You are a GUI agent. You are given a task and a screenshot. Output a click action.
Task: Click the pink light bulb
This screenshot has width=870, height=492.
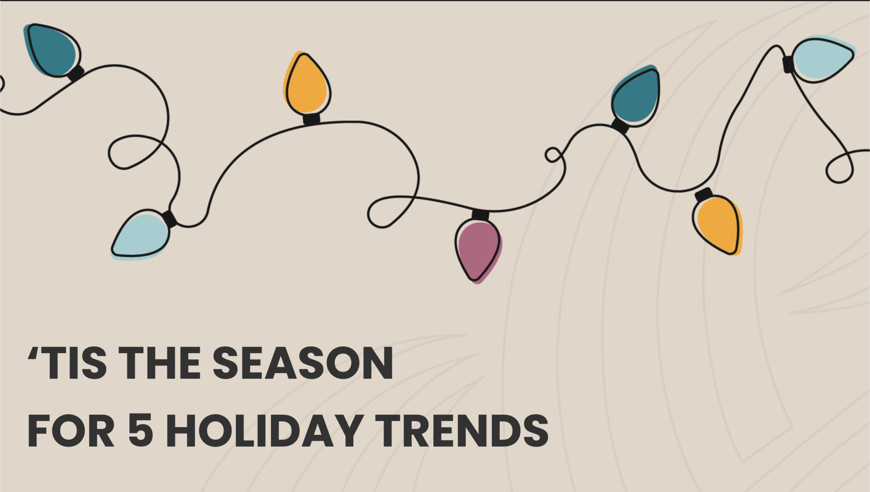pos(478,250)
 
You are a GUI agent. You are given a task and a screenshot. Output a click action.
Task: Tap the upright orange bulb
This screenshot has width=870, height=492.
pos(307,83)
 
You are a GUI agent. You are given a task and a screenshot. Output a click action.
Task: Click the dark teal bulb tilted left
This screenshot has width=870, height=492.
pos(53,50)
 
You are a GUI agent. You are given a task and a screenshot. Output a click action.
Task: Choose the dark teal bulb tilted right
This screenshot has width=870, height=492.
pos(636,96)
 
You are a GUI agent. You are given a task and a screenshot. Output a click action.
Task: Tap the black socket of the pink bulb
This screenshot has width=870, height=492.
pos(480,215)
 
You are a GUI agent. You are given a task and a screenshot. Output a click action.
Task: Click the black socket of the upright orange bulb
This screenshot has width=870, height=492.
pos(311,118)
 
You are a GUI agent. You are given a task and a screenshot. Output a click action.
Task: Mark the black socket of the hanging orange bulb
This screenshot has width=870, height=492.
pos(703,195)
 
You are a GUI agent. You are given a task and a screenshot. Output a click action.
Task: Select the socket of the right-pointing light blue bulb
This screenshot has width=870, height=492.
pos(788,64)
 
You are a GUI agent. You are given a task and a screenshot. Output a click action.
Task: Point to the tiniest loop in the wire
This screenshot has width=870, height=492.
pos(553,155)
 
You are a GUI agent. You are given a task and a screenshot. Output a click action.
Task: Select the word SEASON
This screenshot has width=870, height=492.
pos(303,363)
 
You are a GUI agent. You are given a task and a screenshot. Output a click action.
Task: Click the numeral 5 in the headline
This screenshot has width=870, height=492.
pos(140,430)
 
